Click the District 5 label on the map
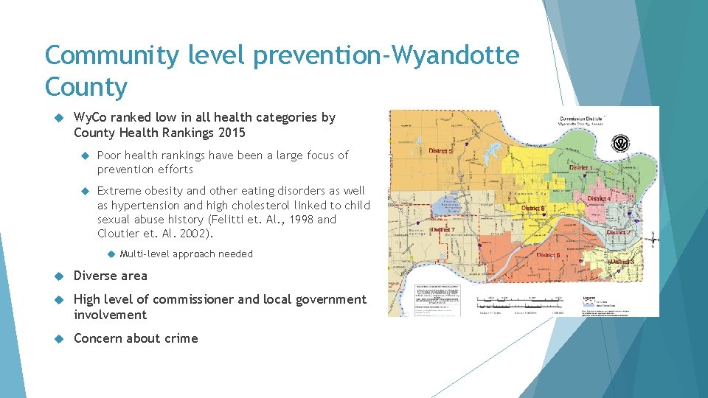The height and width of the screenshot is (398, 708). pos(440,151)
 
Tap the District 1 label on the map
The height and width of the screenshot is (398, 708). pos(583,167)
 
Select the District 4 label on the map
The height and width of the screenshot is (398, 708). pos(598,199)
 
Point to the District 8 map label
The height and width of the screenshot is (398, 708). pos(534,209)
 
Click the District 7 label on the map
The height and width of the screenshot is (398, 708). pos(442,230)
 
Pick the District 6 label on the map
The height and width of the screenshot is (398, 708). pos(548,255)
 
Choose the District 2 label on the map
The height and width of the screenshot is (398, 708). pos(618,232)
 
